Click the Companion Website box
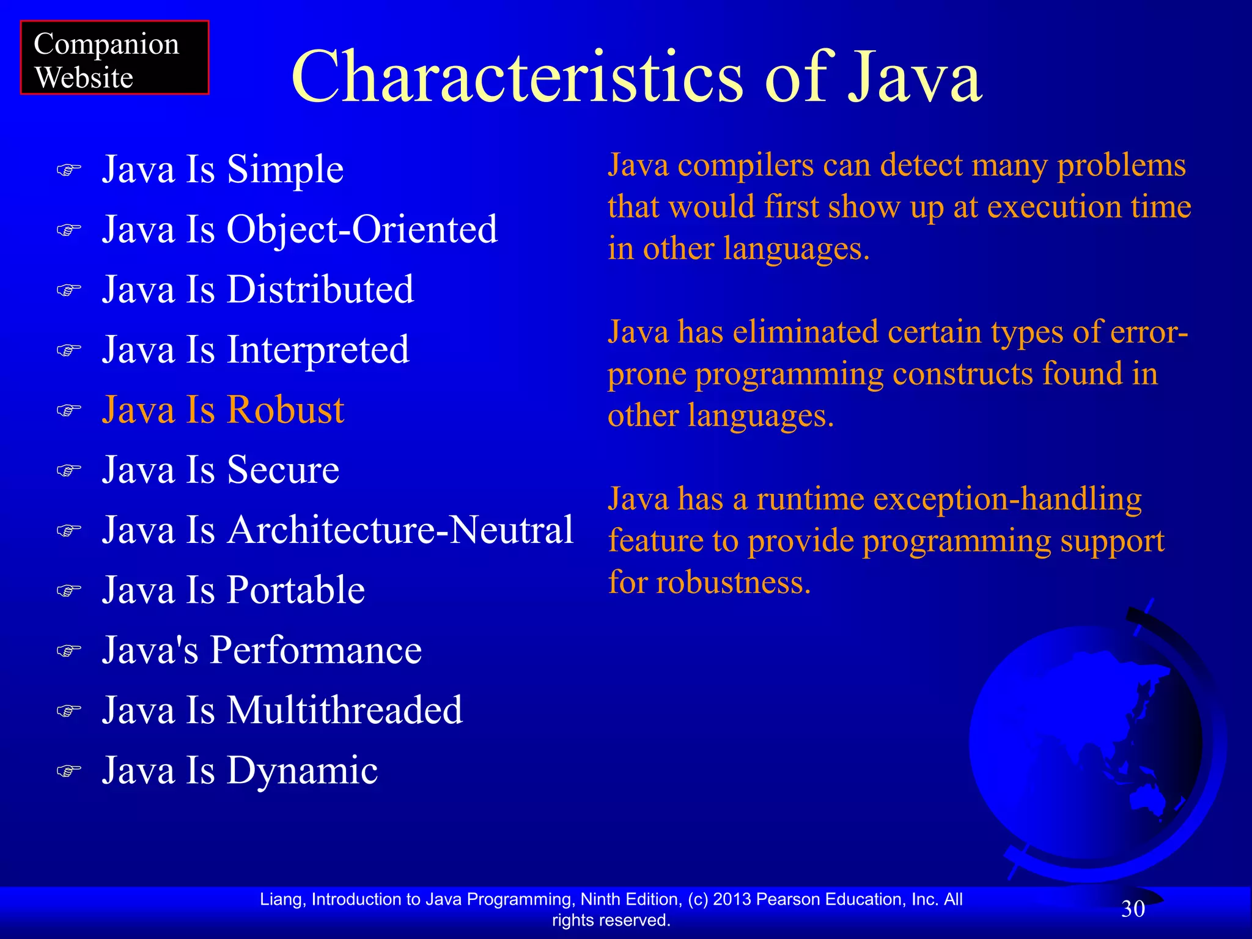point(114,58)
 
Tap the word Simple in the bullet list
point(285,169)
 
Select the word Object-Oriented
point(362,230)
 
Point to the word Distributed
point(320,289)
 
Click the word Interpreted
point(317,350)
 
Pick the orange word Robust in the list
point(286,410)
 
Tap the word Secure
point(283,469)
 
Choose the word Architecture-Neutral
point(400,529)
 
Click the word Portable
point(296,590)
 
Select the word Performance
point(316,649)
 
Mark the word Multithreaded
point(344,710)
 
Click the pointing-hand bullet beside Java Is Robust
point(68,410)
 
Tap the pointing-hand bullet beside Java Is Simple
point(68,170)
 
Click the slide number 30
point(1132,909)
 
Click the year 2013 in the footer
point(732,899)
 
